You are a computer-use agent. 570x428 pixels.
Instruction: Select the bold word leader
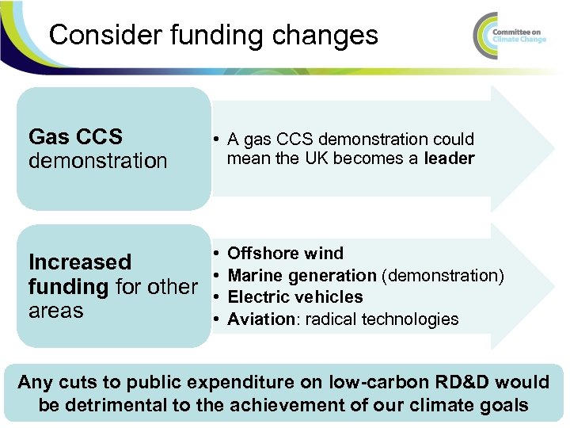tap(449, 159)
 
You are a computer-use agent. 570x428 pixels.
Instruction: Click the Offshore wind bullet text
tap(285, 254)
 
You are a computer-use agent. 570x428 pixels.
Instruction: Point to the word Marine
tap(253, 276)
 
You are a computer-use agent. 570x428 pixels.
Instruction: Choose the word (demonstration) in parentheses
tap(443, 276)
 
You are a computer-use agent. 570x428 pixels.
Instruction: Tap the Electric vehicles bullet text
tap(294, 297)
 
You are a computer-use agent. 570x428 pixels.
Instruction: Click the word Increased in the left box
tap(80, 262)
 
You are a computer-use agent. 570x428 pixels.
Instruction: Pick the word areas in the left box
tap(55, 310)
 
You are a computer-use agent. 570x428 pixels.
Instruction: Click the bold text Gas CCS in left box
tap(75, 137)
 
